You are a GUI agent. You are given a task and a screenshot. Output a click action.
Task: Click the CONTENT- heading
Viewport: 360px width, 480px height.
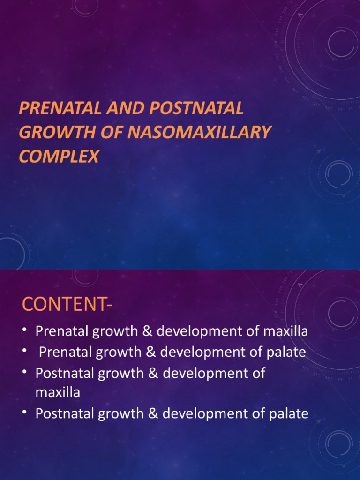click(x=68, y=305)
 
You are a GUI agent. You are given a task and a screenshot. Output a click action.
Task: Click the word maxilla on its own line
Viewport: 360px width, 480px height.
click(x=58, y=393)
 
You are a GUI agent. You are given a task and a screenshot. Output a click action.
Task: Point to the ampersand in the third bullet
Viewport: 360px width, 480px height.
click(x=150, y=374)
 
